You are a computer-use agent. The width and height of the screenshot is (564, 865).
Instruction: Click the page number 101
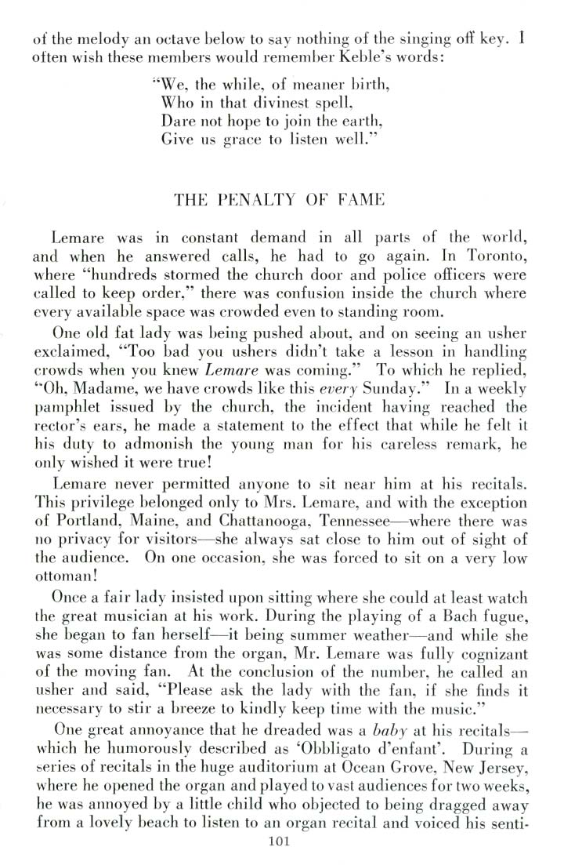pyautogui.click(x=280, y=843)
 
